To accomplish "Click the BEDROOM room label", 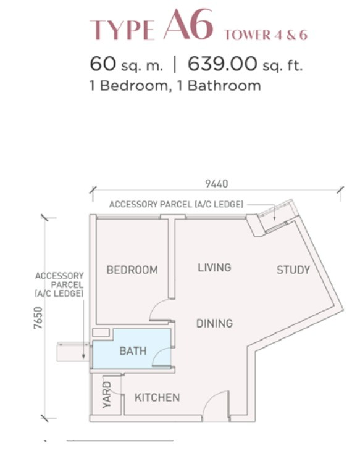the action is coord(132,270).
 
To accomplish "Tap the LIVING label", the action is coord(214,267).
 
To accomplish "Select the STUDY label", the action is coord(293,270).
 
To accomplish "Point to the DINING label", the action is coord(214,323).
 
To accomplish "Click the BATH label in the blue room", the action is coord(133,351).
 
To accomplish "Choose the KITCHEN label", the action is coord(157,397).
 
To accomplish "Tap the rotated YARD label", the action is coord(107,395).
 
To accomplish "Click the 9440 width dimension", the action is coord(217,184).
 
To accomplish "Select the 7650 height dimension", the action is coord(38,318).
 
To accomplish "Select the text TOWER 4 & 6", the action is coord(266,35).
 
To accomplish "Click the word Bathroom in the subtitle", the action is coord(224,86).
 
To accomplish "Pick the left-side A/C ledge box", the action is coord(73,352).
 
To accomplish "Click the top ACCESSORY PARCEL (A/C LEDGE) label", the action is coord(176,204).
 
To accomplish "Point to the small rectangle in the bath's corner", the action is coord(101,332).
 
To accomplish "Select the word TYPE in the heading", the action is coord(122,30).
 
